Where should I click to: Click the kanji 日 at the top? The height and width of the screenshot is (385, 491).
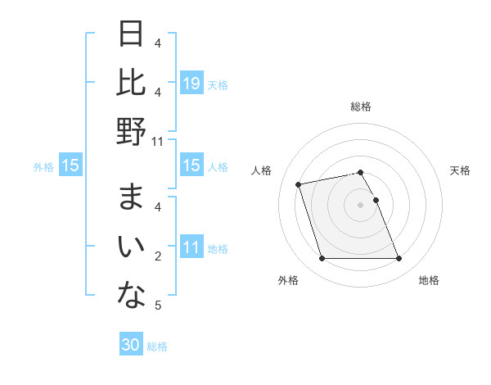[x=131, y=35]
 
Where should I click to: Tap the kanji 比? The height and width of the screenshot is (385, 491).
[x=131, y=83]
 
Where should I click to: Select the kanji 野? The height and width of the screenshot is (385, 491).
[x=131, y=131]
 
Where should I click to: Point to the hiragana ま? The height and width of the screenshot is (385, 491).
[x=131, y=199]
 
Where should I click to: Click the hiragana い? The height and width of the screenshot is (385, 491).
[x=131, y=247]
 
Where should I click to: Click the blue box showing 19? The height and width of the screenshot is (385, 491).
[x=191, y=84]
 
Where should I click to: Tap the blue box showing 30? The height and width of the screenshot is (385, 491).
[x=131, y=346]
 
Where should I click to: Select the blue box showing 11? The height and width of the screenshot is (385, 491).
[x=191, y=248]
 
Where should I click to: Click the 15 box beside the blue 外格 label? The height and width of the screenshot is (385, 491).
[x=70, y=166]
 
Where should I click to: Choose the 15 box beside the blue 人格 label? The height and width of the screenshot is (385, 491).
[x=191, y=166]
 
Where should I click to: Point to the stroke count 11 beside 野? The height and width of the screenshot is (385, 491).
[x=157, y=142]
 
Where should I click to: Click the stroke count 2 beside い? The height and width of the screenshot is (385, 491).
[x=157, y=256]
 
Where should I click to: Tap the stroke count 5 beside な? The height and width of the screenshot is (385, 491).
[x=157, y=306]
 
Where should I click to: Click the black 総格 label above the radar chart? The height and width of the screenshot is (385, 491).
[x=360, y=106]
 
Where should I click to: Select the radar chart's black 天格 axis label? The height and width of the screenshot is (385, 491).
[x=460, y=170]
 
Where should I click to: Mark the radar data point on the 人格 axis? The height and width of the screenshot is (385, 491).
[x=299, y=183]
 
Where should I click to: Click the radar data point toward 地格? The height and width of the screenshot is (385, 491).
[x=399, y=259]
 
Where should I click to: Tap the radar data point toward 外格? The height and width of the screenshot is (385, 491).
[x=322, y=259]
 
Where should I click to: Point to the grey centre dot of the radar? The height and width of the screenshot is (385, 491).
[x=360, y=204]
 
